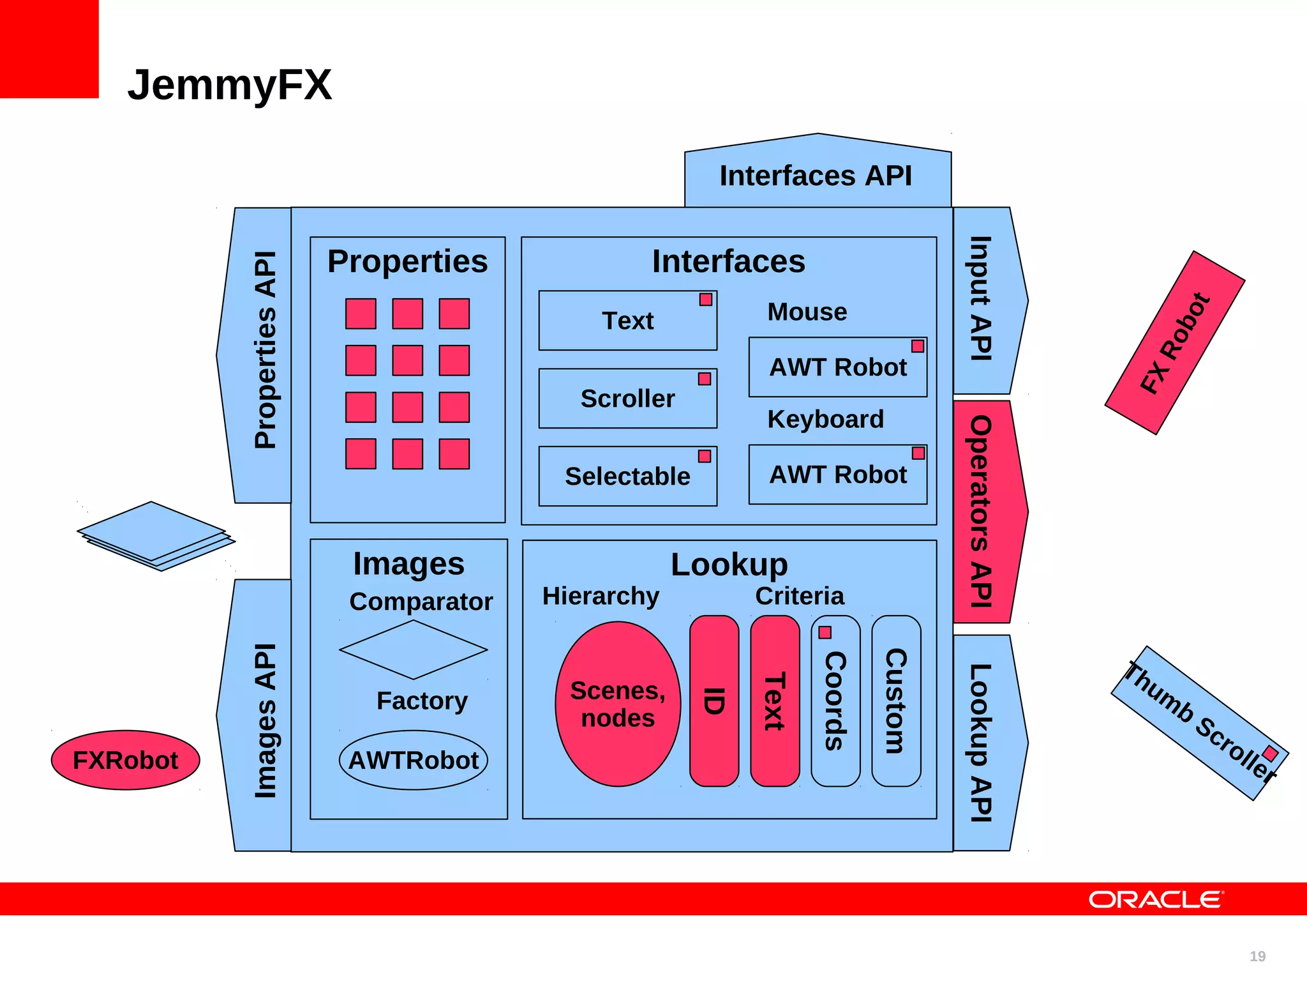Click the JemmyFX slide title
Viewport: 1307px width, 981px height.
point(230,85)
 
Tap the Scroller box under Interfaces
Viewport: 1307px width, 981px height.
point(627,399)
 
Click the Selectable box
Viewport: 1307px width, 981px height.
point(627,476)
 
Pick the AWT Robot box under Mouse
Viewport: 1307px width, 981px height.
point(837,367)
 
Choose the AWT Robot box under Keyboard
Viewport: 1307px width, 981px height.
point(837,475)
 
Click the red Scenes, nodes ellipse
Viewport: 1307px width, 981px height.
point(618,704)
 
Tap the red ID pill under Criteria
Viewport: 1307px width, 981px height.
point(714,701)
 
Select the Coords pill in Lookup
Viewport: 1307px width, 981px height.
point(835,701)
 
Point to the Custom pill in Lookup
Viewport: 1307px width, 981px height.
point(896,701)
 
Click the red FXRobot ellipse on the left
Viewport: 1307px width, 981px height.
point(126,760)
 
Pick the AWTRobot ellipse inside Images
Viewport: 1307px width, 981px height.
point(414,760)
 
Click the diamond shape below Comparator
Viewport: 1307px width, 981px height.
point(414,650)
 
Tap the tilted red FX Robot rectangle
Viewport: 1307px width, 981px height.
point(1175,343)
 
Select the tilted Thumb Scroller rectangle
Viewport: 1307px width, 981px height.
point(1200,723)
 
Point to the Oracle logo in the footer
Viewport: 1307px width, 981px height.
point(1156,899)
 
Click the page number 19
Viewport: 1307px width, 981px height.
point(1257,956)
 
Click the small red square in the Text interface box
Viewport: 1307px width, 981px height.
point(705,300)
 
